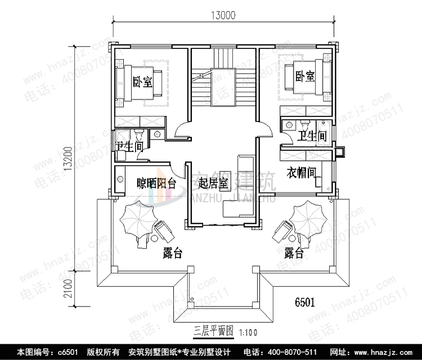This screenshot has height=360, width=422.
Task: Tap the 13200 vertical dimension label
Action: (x=68, y=159)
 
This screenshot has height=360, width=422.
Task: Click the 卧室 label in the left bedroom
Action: (x=142, y=82)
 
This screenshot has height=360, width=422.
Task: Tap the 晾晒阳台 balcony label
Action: (x=156, y=183)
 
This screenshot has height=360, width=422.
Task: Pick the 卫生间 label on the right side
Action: (x=312, y=136)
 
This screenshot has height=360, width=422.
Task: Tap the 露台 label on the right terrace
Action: (x=294, y=253)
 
